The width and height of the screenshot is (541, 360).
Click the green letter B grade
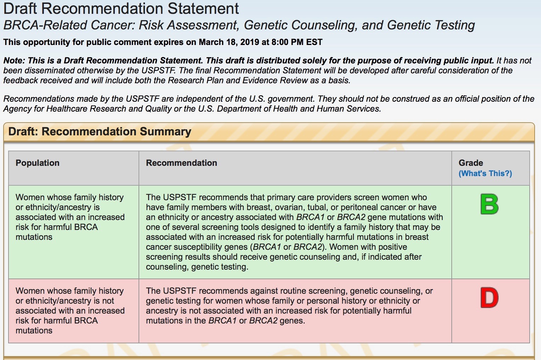pyautogui.click(x=490, y=204)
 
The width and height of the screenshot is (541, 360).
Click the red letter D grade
pyautogui.click(x=490, y=297)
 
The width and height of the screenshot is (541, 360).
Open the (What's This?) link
pyautogui.click(x=485, y=174)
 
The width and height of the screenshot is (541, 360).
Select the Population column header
pyautogui.click(x=38, y=163)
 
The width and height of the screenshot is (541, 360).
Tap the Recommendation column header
pyautogui.click(x=181, y=163)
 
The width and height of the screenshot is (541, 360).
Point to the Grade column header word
pyautogui.click(x=471, y=163)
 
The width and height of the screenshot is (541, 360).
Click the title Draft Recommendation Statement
pyautogui.click(x=121, y=9)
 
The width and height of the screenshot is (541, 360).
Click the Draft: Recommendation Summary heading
pyautogui.click(x=100, y=132)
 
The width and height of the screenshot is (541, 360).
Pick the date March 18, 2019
pyautogui.click(x=229, y=42)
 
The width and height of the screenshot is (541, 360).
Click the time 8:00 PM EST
pyautogui.click(x=297, y=42)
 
